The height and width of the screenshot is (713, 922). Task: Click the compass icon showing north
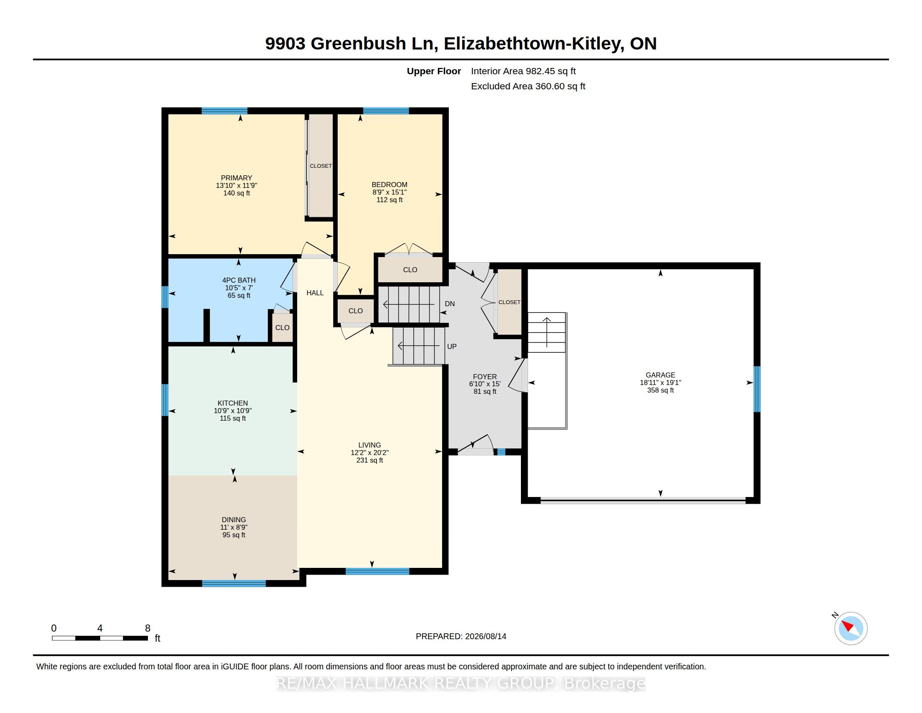(x=851, y=628)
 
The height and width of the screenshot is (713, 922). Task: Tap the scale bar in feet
(x=100, y=638)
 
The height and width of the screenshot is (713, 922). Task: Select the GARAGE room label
(x=660, y=383)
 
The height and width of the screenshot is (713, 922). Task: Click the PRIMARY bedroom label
(x=236, y=185)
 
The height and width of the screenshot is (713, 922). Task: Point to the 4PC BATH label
(x=239, y=288)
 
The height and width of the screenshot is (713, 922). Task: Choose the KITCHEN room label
(x=233, y=411)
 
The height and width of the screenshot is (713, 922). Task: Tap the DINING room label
(x=234, y=527)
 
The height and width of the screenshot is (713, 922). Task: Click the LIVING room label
(x=369, y=453)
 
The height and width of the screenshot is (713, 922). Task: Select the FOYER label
(x=484, y=384)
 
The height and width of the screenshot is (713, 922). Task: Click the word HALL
(x=315, y=293)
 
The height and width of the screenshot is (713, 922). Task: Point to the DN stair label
(x=450, y=304)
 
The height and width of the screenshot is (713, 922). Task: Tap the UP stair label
(x=452, y=346)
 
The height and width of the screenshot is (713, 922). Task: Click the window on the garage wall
(x=757, y=389)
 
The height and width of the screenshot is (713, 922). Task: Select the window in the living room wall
(x=378, y=572)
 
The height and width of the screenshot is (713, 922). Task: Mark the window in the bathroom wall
(x=165, y=297)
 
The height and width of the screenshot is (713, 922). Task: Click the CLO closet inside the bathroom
(x=282, y=328)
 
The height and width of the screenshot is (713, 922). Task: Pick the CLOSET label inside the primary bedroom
(x=321, y=166)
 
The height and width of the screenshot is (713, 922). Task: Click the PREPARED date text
(x=461, y=636)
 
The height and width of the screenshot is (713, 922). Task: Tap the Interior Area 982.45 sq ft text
(x=523, y=71)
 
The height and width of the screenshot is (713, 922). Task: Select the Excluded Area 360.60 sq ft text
(x=528, y=86)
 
